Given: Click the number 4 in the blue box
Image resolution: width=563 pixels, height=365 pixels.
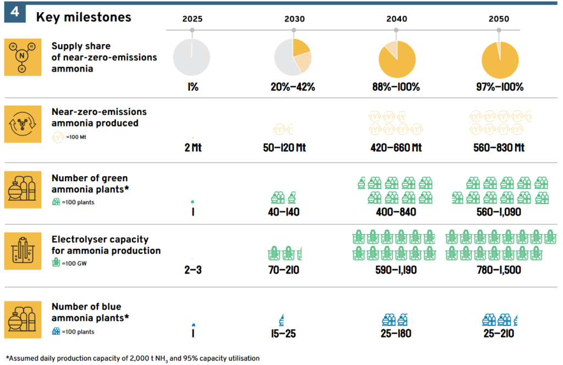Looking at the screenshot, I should (x=15, y=13).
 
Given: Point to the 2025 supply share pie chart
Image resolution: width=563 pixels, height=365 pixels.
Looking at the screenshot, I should (x=191, y=57).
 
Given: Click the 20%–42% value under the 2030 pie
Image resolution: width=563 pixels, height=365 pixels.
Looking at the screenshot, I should (x=292, y=87).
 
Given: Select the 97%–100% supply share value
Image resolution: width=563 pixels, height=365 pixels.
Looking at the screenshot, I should (x=500, y=87).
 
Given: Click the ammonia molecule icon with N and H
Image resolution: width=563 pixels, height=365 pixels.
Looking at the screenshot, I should (x=23, y=57).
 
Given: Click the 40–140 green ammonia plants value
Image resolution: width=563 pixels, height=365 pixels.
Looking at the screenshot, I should (x=285, y=211).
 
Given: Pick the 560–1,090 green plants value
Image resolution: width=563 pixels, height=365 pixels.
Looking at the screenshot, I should (x=500, y=211).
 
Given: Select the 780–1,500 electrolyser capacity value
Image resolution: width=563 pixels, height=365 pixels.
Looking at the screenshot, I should (x=500, y=270).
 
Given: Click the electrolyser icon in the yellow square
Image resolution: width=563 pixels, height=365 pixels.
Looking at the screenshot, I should (x=23, y=251).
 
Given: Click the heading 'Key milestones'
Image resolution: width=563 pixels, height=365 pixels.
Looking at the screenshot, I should (x=84, y=17).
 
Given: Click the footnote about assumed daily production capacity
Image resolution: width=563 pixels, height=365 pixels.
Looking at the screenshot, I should (x=132, y=358).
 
